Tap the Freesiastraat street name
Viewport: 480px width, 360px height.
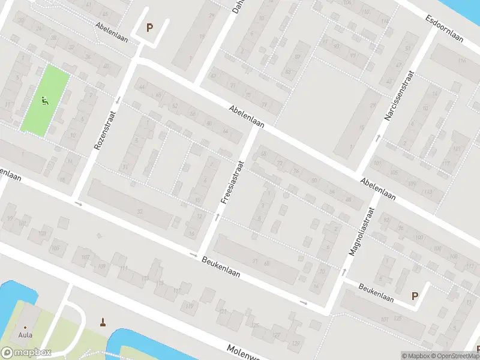pos(232,181)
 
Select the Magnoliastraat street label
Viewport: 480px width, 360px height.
pos(361,232)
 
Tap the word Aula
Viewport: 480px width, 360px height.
pos(25,335)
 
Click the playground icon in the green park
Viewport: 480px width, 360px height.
pos(44,101)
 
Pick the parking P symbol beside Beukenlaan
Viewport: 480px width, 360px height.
pos(414,295)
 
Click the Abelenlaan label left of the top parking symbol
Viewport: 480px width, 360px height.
pos(111,26)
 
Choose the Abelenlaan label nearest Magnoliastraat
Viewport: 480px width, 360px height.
pos(378,188)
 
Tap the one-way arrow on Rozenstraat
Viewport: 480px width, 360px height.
pos(118,100)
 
